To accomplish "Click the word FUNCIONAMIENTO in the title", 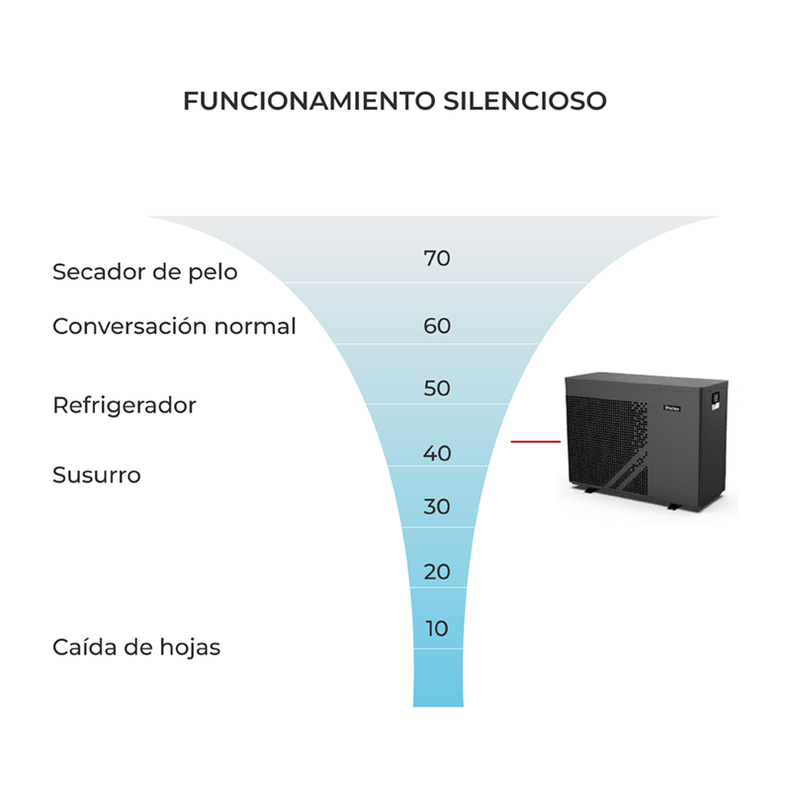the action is (309, 101).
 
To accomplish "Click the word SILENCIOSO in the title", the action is (525, 101).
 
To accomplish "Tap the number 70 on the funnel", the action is (437, 258).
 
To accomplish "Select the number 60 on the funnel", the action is (437, 326).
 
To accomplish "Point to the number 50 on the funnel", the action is (437, 389).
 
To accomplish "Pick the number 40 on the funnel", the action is (437, 454).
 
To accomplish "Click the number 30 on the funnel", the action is (437, 506).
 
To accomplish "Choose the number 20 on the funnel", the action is (437, 572).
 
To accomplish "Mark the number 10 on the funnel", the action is (437, 629).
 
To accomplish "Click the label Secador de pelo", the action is (145, 272).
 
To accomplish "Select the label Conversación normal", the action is (174, 326).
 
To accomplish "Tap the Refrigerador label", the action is (125, 405).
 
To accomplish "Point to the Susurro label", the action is (97, 476).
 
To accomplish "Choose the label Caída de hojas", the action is (136, 648).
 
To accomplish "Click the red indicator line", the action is (536, 441).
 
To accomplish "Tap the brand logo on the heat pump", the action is (672, 408).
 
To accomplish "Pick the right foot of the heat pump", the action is (673, 506).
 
